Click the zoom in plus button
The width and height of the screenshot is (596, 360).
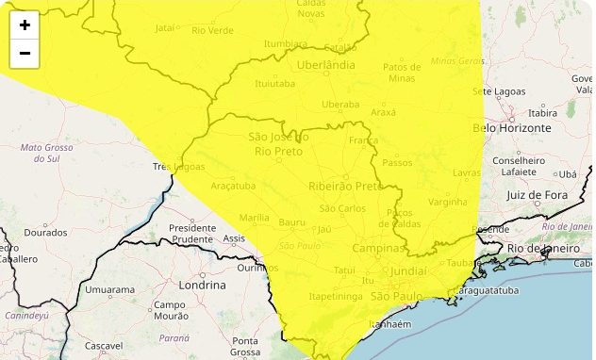[25, 25]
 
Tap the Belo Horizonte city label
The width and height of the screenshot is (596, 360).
[511, 127]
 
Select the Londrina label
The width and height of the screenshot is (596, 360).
[203, 285]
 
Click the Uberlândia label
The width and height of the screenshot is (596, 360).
[325, 65]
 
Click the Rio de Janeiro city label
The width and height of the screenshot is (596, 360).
[541, 248]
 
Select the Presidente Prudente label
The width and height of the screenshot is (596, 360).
[193, 233]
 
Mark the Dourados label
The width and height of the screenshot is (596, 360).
[45, 232]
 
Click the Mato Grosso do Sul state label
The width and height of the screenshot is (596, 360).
[47, 154]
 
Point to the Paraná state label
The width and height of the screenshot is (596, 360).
[174, 337]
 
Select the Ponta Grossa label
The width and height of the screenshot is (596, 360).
[246, 347]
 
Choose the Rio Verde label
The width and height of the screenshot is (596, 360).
[212, 31]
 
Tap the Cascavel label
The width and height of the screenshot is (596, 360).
[103, 346]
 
